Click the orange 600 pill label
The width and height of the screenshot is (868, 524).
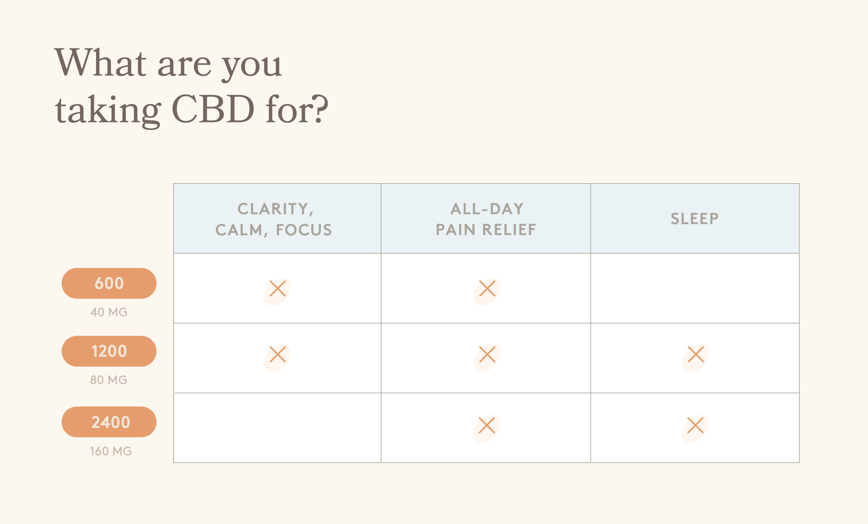(109, 283)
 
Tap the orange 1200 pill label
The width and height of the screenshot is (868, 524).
(109, 351)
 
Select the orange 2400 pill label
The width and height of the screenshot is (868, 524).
(109, 422)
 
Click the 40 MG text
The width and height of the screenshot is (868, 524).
(109, 312)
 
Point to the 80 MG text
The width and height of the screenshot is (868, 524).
(109, 380)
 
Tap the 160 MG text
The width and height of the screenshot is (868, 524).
(111, 451)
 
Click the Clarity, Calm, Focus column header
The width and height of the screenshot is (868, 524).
(274, 219)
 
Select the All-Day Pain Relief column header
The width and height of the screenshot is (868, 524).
(486, 219)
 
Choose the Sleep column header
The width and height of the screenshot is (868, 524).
(695, 218)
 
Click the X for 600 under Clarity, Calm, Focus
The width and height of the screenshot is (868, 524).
(277, 288)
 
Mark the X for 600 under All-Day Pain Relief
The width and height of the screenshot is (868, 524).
(487, 288)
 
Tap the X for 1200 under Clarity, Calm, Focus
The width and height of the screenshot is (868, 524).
(277, 354)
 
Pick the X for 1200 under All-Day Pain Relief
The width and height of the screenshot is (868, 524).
(487, 354)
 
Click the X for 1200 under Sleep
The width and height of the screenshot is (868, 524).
(696, 354)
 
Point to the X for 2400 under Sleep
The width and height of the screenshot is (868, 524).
(695, 425)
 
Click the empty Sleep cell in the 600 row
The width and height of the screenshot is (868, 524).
(695, 288)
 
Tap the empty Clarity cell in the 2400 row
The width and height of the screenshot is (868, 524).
(277, 428)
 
